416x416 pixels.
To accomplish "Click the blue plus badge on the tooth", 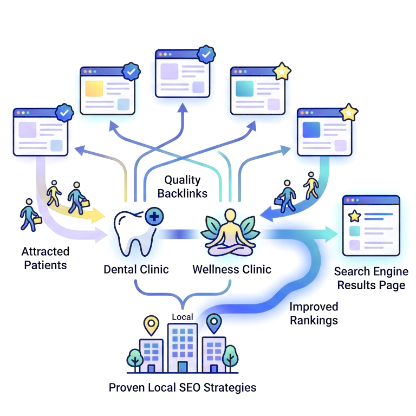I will click(154, 218).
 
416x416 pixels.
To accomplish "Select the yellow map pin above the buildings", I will click(151, 324).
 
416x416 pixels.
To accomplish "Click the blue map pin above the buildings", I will click(214, 323).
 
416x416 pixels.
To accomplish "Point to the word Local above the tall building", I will click(182, 316).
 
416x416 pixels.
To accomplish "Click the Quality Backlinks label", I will click(182, 186).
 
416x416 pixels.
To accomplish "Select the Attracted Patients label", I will click(45, 258).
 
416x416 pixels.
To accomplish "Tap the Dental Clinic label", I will click(136, 269).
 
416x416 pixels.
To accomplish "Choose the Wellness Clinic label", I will click(232, 269).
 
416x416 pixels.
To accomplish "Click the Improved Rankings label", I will click(314, 314).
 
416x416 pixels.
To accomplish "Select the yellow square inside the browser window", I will click(94, 88).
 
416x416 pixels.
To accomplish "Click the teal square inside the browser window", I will click(245, 88).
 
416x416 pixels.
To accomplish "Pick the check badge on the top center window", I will click(205, 54).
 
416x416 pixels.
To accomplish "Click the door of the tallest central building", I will click(182, 367).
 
